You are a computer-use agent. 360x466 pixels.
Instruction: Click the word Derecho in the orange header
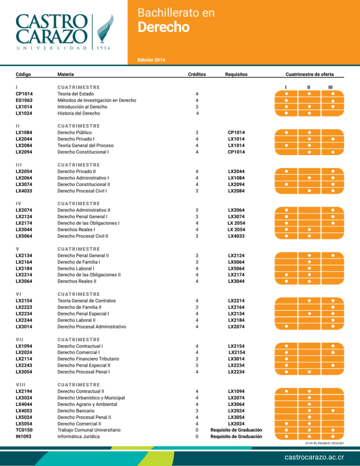pyautogui.click(x=164, y=28)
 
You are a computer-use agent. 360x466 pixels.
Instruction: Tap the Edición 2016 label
pyautogui.click(x=151, y=60)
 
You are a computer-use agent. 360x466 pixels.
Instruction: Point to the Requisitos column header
pyautogui.click(x=236, y=74)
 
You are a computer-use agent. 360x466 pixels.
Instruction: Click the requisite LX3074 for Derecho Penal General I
pyautogui.click(x=236, y=217)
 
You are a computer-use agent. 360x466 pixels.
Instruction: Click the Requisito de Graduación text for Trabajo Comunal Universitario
pyautogui.click(x=236, y=430)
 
